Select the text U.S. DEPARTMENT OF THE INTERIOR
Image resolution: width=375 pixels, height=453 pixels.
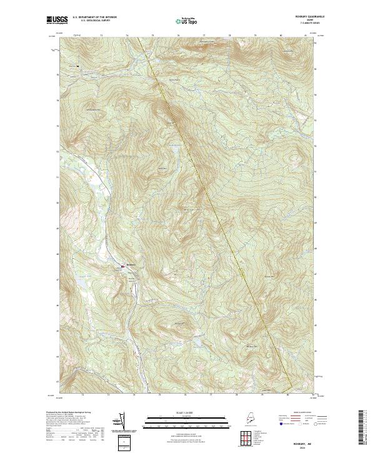pyautogui.click(x=94, y=18)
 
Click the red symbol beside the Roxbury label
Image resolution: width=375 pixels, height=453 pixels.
pyautogui.click(x=122, y=267)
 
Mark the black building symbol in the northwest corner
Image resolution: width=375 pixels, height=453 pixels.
pyautogui.click(x=77, y=65)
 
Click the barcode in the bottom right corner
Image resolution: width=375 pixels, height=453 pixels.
pyautogui.click(x=361, y=429)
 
